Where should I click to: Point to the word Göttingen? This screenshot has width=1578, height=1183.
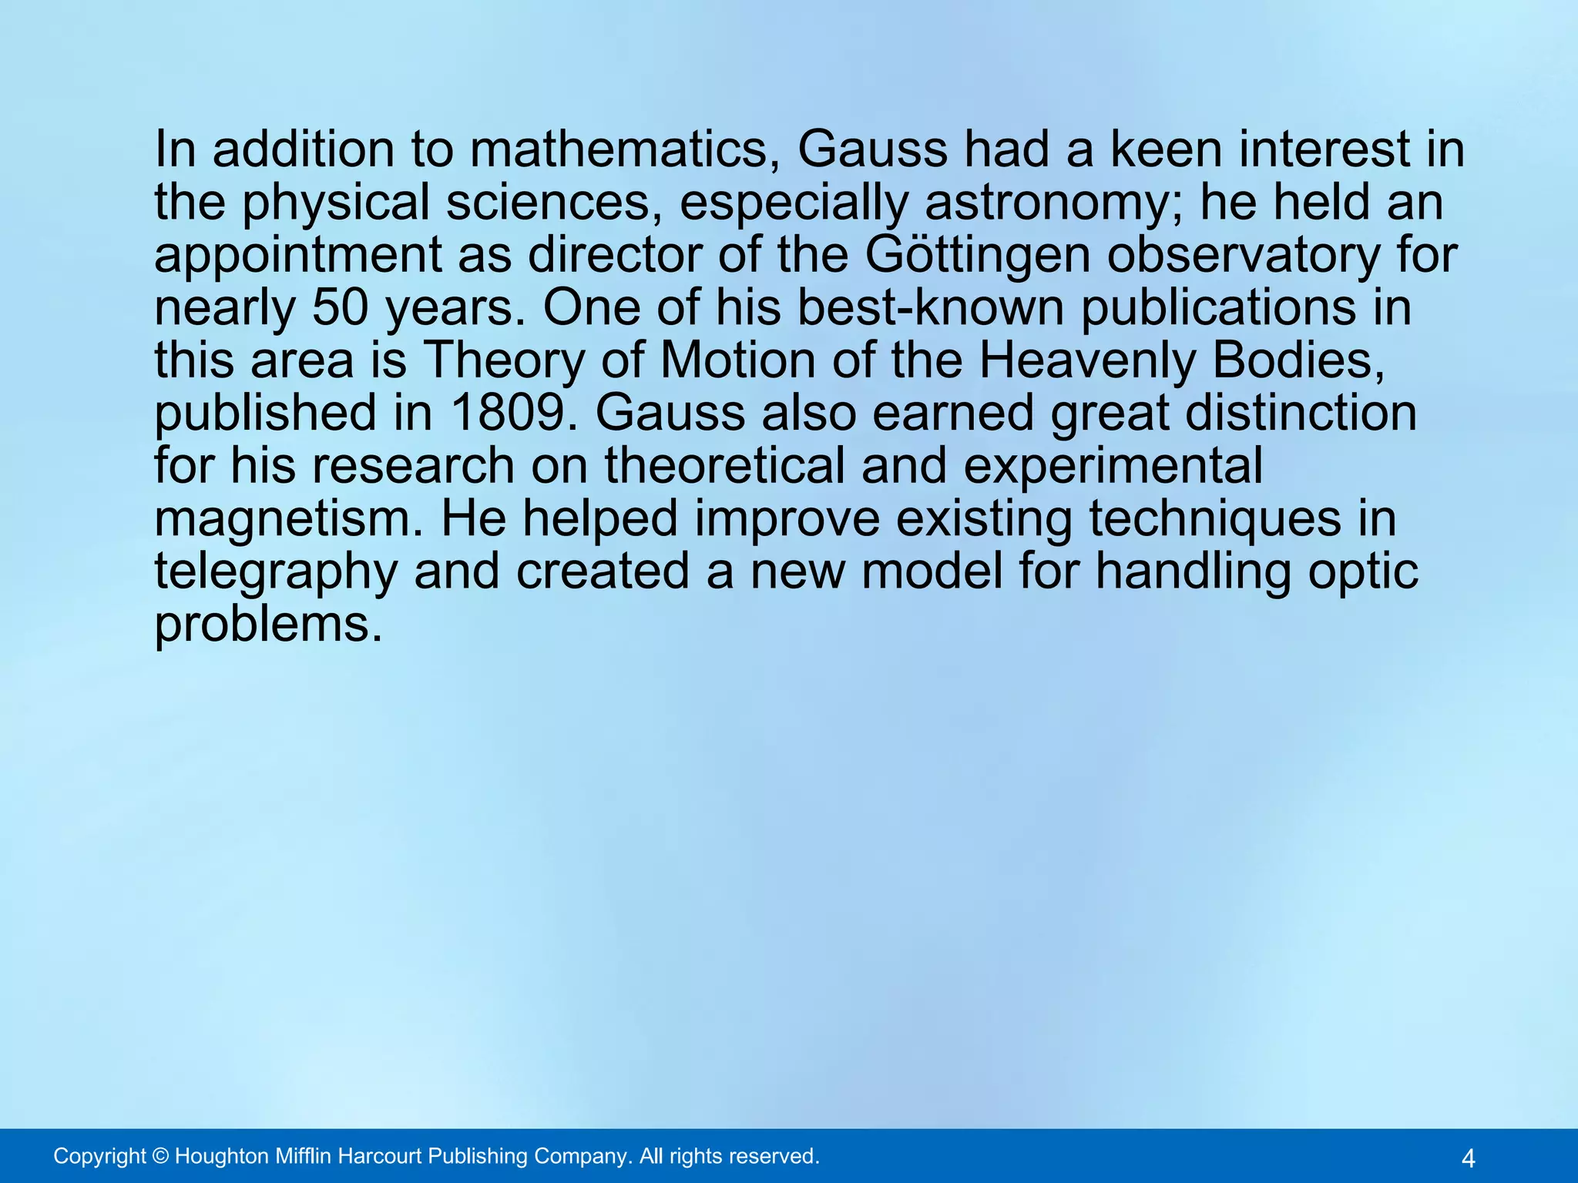978,256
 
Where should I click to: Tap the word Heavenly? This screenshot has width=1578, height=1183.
1086,360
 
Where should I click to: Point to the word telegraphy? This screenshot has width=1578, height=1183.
276,571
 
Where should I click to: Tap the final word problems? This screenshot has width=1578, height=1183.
268,624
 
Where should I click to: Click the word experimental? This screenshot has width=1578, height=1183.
1113,466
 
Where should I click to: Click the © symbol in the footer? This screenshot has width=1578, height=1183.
160,1156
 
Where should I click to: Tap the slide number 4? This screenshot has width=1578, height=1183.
1468,1158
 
